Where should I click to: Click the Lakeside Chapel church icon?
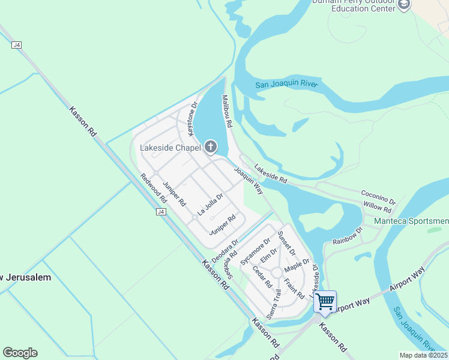point(211,146)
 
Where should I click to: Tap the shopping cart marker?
point(325,302)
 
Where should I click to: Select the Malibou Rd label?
point(227,111)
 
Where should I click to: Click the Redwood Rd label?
point(153,187)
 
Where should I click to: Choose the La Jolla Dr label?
point(210,204)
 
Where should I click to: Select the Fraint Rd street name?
point(294,288)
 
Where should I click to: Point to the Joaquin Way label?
point(249,181)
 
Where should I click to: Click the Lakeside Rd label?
point(270,173)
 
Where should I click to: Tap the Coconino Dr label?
point(378,197)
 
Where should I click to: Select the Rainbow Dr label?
point(348,236)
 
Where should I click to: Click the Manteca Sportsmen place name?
point(411,221)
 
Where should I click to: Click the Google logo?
point(20,353)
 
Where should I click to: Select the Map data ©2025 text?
point(423,355)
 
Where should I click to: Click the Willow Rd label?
point(377,208)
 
